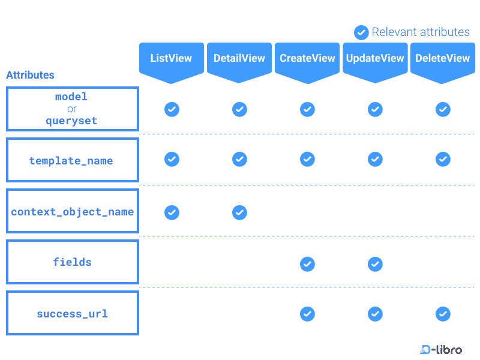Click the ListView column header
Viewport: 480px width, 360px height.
click(171, 58)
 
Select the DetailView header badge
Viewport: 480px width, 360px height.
click(239, 58)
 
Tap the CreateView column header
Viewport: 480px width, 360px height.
click(307, 58)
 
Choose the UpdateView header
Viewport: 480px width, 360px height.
click(375, 58)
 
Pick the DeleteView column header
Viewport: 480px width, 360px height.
click(442, 58)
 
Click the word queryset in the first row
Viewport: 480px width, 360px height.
click(71, 121)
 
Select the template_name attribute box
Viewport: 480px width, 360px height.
click(72, 160)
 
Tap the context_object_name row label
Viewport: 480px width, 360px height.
click(72, 212)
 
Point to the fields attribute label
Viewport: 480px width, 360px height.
click(72, 262)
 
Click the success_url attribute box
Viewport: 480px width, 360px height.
click(72, 313)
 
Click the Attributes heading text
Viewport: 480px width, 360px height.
click(30, 75)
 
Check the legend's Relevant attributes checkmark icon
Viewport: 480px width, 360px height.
click(361, 32)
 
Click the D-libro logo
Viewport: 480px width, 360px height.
click(441, 349)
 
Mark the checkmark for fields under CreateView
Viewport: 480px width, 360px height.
click(307, 263)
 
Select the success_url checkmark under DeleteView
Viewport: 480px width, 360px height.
click(443, 314)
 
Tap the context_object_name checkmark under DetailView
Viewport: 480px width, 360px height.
click(239, 212)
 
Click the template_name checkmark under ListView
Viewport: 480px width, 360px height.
click(172, 159)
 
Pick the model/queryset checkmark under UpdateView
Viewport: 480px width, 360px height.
click(375, 109)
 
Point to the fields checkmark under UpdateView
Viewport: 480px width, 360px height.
click(375, 263)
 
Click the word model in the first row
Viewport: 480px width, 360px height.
click(71, 97)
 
